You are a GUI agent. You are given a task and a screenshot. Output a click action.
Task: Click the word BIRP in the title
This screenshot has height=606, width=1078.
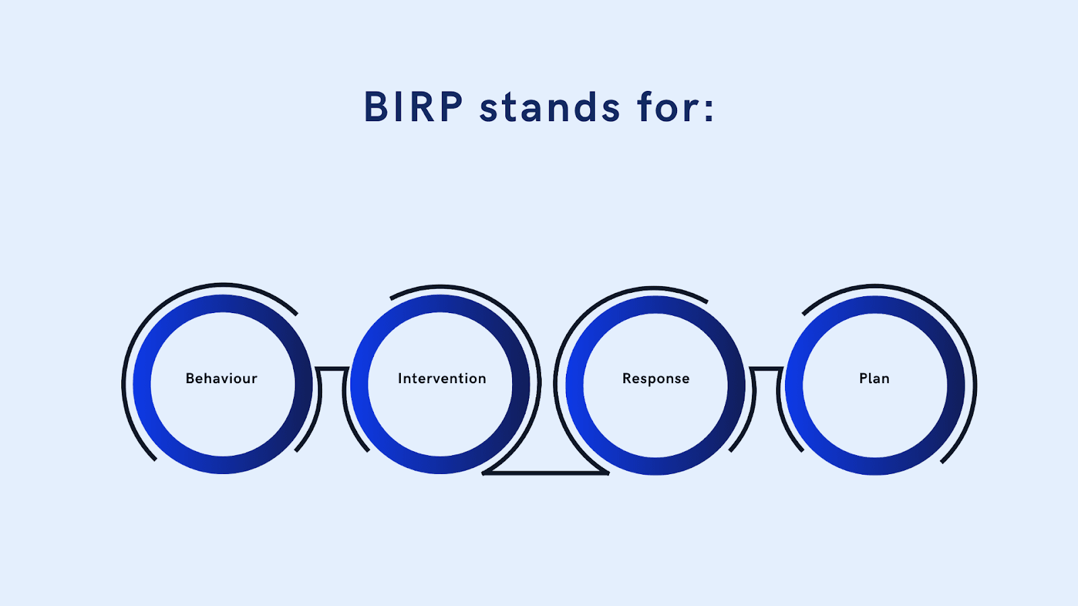413,108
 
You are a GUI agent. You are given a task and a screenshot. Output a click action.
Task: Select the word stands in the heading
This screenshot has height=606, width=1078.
549,108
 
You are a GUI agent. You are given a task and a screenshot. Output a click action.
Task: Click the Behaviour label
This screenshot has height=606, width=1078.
222,378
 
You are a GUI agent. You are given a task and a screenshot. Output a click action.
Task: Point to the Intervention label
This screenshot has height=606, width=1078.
442,378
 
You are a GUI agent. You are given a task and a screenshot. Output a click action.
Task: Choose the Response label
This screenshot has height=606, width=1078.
656,378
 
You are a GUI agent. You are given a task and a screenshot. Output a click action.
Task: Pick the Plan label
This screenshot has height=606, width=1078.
874,378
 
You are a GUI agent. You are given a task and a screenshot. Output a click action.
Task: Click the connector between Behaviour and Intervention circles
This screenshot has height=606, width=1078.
332,369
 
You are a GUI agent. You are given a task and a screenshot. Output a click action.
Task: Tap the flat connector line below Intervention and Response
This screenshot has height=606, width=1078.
546,473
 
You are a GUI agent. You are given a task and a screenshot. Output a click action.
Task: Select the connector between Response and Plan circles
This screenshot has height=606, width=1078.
766,369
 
